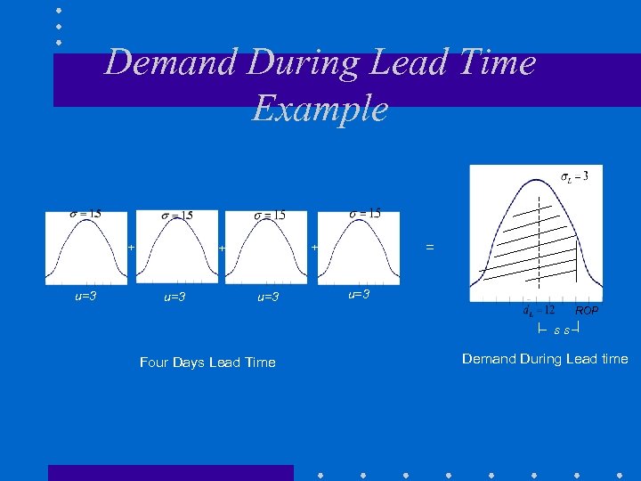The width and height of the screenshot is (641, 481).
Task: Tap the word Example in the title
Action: click(320, 109)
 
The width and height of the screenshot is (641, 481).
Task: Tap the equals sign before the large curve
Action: click(430, 248)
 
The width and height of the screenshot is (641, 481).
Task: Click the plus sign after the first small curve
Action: click(130, 247)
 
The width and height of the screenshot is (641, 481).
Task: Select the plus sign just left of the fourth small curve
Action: click(313, 247)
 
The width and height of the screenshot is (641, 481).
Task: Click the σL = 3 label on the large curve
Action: click(574, 176)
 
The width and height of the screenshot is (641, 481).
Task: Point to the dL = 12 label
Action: click(540, 311)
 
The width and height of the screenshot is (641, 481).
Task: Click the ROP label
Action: click(587, 312)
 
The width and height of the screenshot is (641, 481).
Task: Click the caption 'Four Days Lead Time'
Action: click(207, 363)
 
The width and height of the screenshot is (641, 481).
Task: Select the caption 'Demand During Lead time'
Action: click(545, 359)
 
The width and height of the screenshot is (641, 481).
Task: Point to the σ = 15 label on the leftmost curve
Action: click(85, 214)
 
